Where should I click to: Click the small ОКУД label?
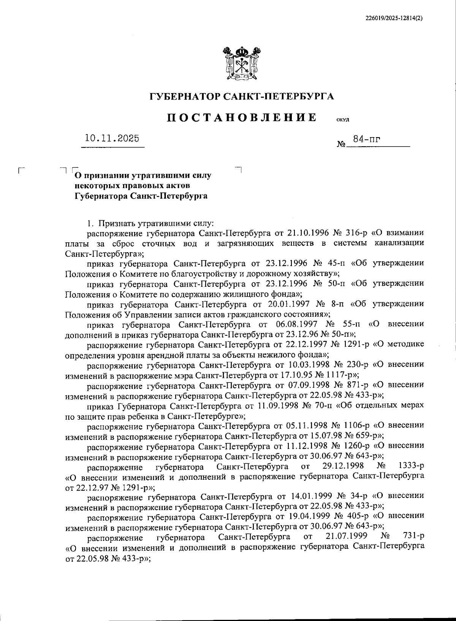coord(343,120)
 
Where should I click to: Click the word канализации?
coord(399,243)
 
